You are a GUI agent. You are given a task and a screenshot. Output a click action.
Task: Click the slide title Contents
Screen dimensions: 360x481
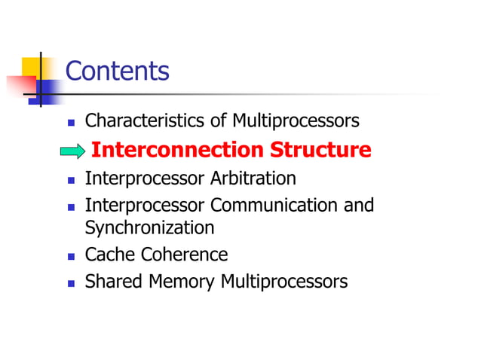117,72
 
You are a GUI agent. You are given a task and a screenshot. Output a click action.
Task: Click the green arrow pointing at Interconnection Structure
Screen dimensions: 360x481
72,151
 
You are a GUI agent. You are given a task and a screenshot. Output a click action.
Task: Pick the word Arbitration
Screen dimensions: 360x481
253,179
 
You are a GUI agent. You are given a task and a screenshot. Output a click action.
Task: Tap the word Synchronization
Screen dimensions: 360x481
149,227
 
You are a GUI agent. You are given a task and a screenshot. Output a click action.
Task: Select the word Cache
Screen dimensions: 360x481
109,255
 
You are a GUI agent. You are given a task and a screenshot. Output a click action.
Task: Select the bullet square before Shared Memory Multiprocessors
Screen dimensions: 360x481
72,283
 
